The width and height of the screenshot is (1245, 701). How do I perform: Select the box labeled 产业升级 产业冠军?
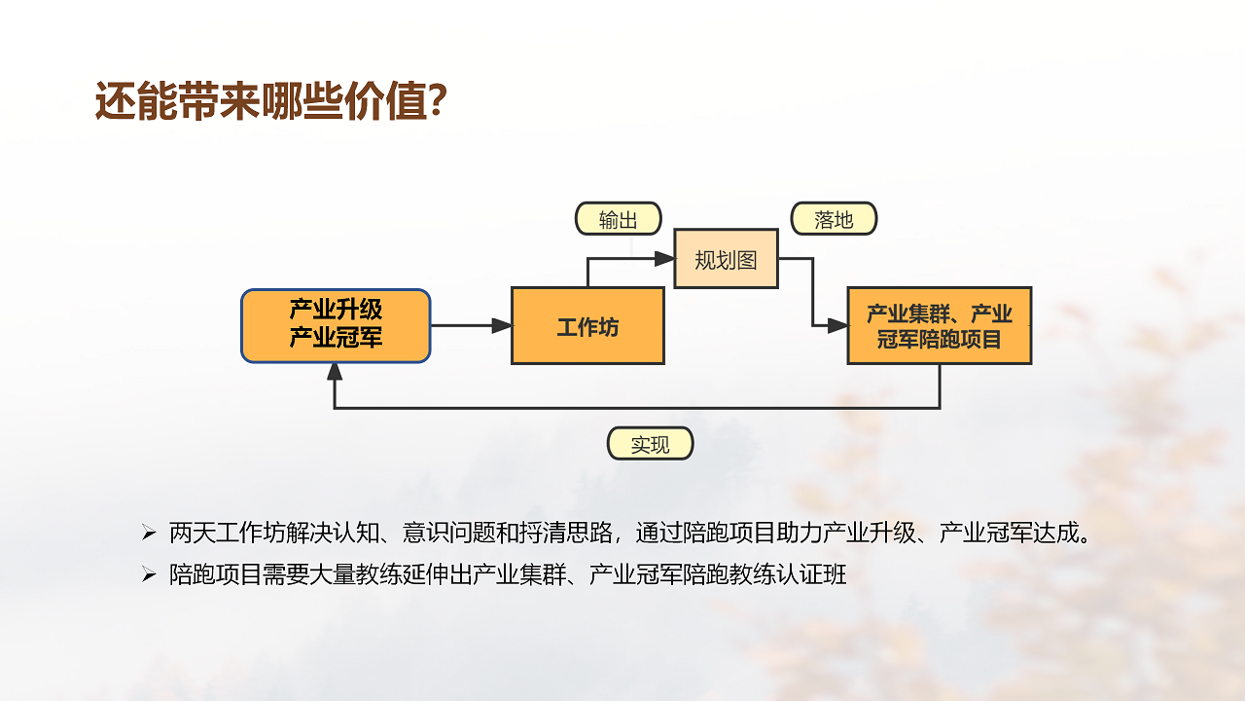(x=336, y=325)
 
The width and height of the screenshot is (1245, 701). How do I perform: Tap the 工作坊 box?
(x=587, y=326)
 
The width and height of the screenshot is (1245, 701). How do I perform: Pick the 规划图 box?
(x=726, y=259)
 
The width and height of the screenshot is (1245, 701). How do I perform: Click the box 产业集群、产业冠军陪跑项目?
(x=939, y=326)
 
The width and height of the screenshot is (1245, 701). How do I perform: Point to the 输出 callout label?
(x=619, y=219)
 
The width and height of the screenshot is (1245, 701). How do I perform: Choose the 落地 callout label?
(x=834, y=219)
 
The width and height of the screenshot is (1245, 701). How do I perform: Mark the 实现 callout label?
(x=650, y=444)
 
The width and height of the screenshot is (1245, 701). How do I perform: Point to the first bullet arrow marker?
(x=149, y=534)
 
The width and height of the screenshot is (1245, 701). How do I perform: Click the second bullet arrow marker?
(x=149, y=575)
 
